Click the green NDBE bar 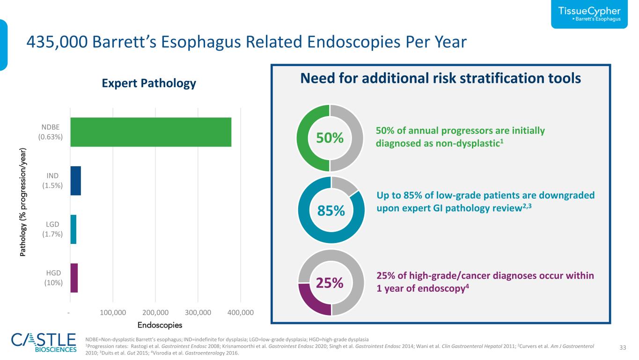pos(151,132)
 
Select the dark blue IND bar pos(75,181)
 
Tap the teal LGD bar pos(73,229)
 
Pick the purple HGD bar pos(74,278)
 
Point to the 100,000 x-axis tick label pos(113,312)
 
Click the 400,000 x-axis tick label pos(241,312)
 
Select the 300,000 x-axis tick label pos(198,312)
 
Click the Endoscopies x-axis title pos(160,325)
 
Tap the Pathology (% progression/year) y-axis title pos(23,202)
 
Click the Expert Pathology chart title pos(149,83)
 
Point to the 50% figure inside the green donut pos(330,138)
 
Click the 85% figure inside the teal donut pos(331,211)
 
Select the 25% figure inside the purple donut pos(330,283)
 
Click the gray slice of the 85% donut pos(344,184)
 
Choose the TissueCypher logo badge pos(589,14)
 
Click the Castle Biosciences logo pos(44,343)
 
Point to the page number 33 pos(623,347)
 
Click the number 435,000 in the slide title pos(57,42)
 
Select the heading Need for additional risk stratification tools pos(441,78)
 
